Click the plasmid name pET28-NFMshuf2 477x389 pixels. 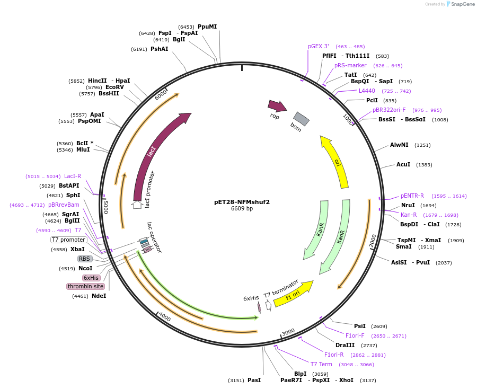pos(242,202)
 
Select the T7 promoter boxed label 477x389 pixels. pos(69,240)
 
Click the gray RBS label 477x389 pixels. pos(85,259)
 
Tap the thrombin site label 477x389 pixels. pos(85,286)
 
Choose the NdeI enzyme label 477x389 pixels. pos(99,296)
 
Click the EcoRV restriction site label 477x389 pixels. pos(114,87)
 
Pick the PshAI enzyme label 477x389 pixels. pos(159,49)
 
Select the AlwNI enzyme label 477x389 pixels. pos(399,145)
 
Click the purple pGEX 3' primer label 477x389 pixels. pos(319,46)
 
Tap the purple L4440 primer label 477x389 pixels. pos(367,91)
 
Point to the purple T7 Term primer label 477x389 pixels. pos(321,364)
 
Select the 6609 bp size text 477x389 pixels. pos(242,209)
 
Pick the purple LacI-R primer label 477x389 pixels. pos(73,176)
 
